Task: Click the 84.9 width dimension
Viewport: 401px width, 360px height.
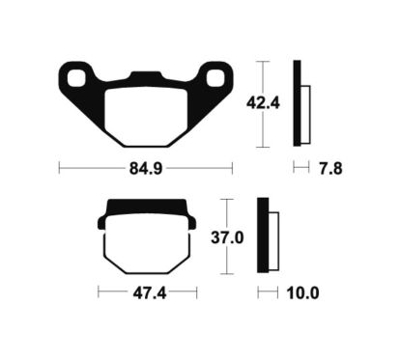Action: pos(146,168)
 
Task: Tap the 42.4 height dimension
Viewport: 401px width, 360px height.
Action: pos(263,103)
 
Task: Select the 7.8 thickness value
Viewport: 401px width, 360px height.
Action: pos(330,169)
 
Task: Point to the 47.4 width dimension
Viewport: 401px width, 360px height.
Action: pos(150,293)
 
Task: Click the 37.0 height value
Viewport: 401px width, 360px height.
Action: pos(227,238)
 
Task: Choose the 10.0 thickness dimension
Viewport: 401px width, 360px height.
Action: pos(303,293)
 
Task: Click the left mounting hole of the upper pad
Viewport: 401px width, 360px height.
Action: pos(76,78)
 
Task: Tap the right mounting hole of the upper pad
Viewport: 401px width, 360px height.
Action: pos(215,78)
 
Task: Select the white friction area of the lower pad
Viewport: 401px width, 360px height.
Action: pos(147,244)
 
